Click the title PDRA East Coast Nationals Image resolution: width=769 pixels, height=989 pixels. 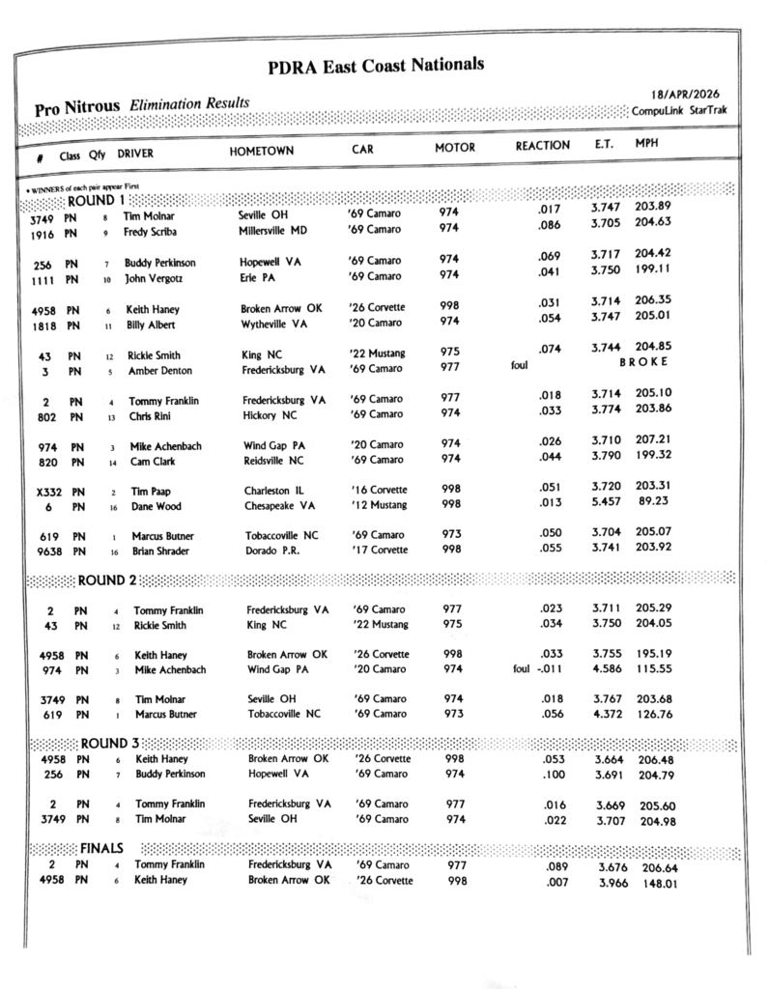point(376,66)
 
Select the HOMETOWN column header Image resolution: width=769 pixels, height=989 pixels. point(262,152)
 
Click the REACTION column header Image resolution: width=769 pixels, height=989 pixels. point(542,146)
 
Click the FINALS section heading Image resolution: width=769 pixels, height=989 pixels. point(101,847)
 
